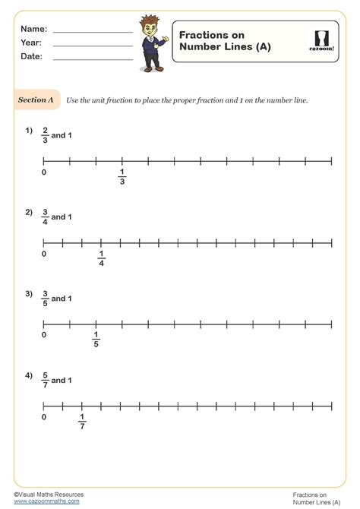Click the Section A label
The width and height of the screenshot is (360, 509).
[36, 100]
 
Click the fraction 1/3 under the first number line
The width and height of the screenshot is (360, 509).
[122, 178]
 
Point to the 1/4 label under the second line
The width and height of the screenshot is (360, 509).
[101, 259]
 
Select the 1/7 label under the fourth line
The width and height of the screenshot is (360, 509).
[81, 421]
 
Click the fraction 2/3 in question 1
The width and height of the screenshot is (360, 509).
[45, 135]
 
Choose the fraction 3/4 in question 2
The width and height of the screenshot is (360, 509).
[45, 217]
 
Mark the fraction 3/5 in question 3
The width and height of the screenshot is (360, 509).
[45, 299]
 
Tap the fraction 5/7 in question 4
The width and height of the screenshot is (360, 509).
[45, 380]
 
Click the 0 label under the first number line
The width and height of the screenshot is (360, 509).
[44, 173]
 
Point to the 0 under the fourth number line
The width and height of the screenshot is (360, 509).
[44, 417]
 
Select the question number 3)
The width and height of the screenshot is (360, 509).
[29, 293]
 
